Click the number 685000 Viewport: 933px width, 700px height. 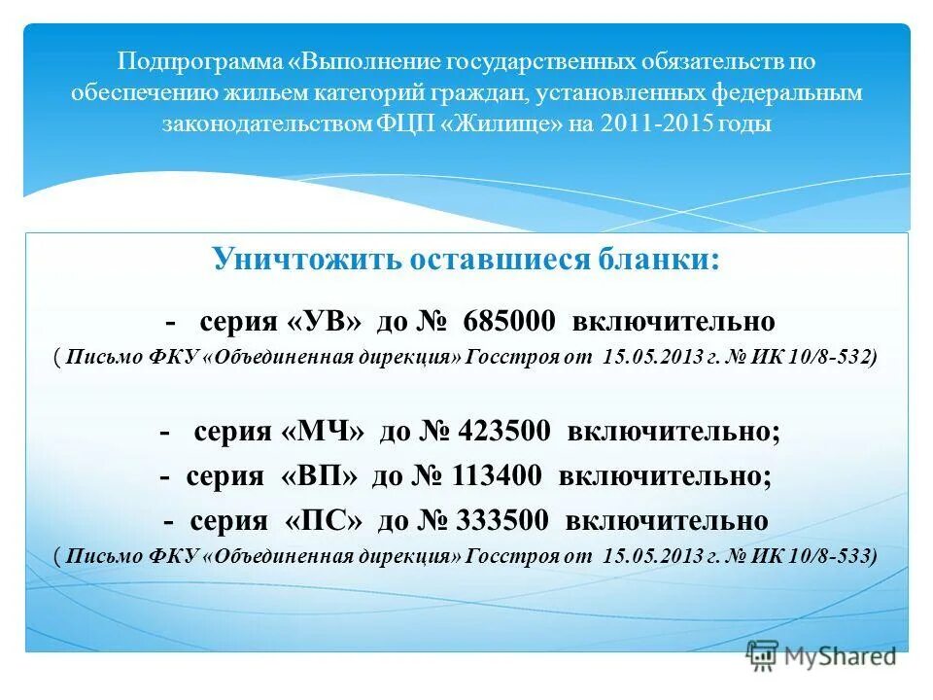(x=509, y=321)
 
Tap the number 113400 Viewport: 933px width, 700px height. (x=497, y=476)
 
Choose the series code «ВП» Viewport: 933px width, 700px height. (x=316, y=476)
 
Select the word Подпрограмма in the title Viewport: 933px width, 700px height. (x=200, y=62)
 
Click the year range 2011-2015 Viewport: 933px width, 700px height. (x=661, y=124)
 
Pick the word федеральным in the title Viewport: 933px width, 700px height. (x=790, y=93)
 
